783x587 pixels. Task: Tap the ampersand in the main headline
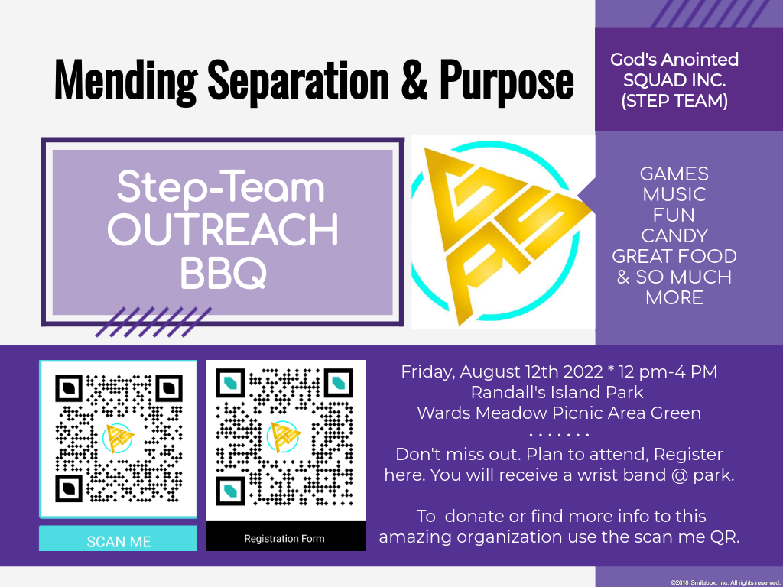[414, 79]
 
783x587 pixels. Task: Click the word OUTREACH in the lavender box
[223, 229]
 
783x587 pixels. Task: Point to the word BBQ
[223, 273]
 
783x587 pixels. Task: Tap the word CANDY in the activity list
[674, 235]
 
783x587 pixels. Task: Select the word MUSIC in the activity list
[674, 194]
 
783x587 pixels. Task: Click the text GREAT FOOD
[674, 256]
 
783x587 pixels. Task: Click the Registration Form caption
[284, 539]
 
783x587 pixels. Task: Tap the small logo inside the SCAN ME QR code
[119, 438]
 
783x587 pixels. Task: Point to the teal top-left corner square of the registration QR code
[230, 384]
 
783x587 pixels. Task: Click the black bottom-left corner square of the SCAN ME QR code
[69, 488]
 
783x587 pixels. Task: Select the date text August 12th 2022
[531, 372]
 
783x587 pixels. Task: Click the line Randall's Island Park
[557, 392]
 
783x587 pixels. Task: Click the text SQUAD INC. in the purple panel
[674, 80]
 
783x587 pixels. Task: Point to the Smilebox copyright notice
[725, 582]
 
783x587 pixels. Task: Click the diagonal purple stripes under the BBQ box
[154, 322]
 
